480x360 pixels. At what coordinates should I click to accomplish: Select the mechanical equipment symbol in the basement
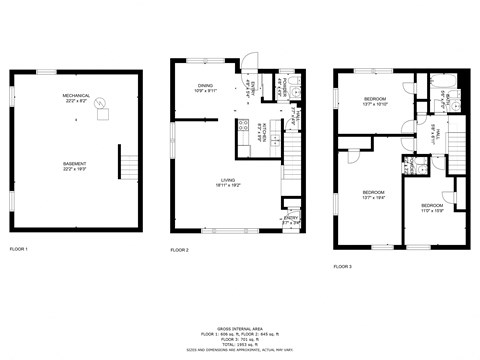click(101, 114)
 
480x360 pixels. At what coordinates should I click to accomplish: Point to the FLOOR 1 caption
click(19, 248)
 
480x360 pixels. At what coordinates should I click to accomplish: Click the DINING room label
click(206, 89)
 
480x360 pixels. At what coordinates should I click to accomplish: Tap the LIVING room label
click(228, 182)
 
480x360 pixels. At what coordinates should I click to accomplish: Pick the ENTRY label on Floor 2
click(291, 219)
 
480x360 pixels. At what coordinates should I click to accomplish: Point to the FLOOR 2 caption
click(179, 248)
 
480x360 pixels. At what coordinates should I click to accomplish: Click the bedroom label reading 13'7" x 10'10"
click(375, 102)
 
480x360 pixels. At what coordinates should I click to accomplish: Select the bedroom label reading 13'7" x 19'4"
click(373, 194)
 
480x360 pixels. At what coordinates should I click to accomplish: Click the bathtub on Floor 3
click(450, 99)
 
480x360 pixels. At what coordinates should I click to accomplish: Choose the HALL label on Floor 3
click(435, 135)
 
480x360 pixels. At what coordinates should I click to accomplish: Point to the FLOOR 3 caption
click(343, 267)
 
